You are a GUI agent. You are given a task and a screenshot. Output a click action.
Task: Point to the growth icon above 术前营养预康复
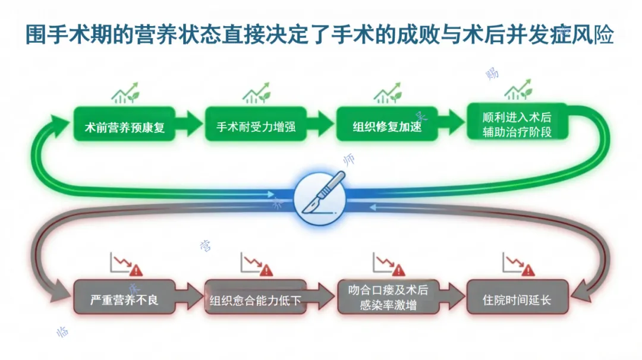point(125,93)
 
